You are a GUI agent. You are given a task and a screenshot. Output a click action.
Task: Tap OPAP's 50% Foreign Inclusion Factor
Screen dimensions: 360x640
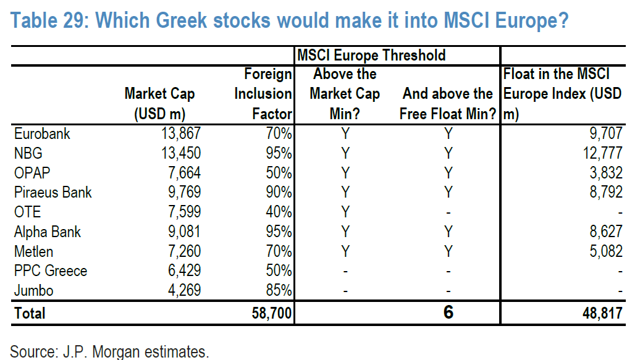tap(279, 172)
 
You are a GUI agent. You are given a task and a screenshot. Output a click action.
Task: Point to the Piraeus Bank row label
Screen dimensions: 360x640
tap(53, 192)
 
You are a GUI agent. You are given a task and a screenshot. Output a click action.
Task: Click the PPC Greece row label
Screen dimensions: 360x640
tap(50, 271)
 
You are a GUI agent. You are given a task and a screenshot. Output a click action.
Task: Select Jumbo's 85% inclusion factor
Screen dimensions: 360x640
tap(279, 291)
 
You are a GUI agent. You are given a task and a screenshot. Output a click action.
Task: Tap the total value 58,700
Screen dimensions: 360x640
tap(272, 313)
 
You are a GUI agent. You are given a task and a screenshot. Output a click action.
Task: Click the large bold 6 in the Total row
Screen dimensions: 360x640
tap(448, 312)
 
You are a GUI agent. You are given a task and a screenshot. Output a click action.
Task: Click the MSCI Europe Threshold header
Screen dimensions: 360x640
tap(371, 55)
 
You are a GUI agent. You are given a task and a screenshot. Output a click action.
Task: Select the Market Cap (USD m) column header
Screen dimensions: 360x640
tap(159, 104)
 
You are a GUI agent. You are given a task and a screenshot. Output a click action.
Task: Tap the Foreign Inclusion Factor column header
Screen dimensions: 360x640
tap(263, 94)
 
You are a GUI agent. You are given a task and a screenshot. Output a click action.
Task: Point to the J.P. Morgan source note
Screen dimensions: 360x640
tap(110, 352)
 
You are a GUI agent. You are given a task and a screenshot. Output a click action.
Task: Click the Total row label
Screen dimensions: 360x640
tap(30, 313)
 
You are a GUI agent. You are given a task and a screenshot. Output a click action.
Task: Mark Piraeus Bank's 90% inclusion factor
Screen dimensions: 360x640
tap(279, 192)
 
